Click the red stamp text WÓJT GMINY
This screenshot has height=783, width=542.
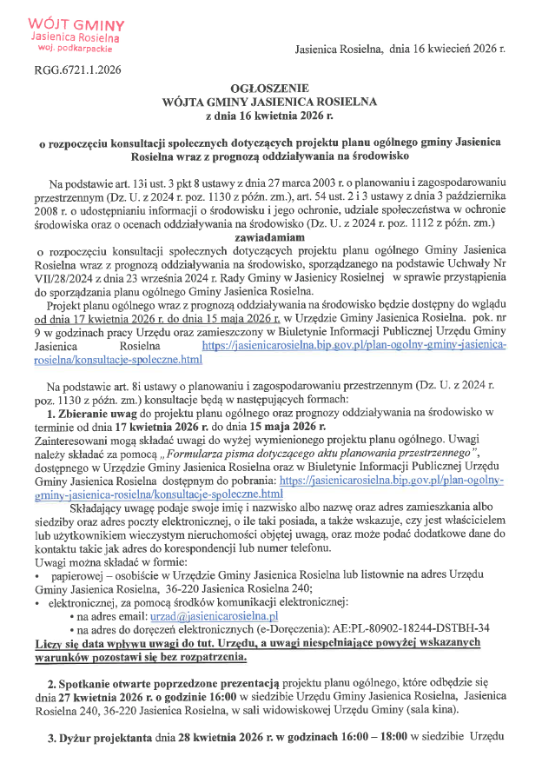76,24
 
